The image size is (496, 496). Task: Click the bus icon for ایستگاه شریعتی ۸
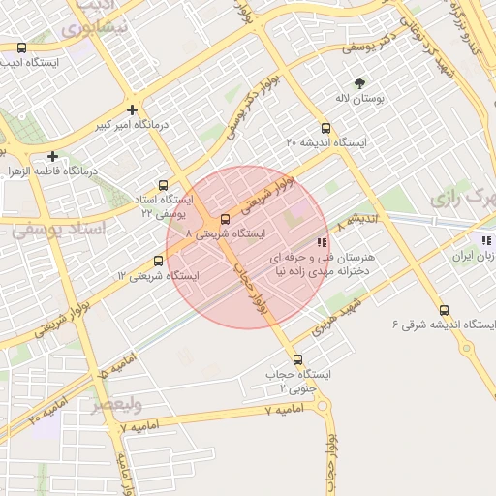(x=226, y=219)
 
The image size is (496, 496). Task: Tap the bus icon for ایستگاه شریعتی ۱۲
(x=159, y=261)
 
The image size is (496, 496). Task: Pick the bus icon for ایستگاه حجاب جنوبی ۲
(x=297, y=359)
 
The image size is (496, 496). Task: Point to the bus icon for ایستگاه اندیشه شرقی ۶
(x=444, y=310)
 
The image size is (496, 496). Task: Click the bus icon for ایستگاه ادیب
(x=22, y=47)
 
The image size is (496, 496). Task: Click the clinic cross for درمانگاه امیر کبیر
(x=132, y=109)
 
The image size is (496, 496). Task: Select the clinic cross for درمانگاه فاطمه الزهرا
(x=52, y=155)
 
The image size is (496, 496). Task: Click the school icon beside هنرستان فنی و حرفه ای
(x=322, y=242)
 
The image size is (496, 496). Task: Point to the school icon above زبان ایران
(x=485, y=239)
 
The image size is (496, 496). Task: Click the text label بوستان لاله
(x=359, y=100)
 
